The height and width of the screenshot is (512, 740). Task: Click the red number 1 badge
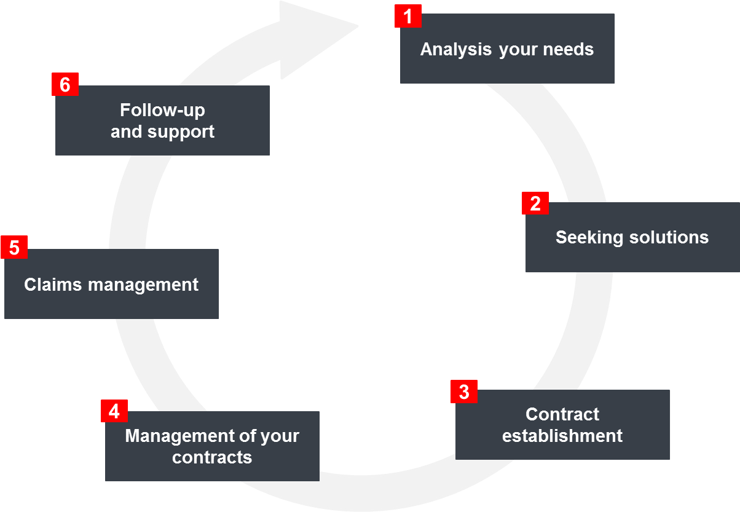pos(408,15)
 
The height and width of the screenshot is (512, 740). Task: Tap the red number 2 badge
pos(535,203)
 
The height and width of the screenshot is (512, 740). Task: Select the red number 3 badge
pos(464,392)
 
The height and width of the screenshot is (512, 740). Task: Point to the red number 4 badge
pos(114,411)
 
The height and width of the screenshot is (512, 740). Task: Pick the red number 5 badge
pos(14,248)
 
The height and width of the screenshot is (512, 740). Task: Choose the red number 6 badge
pos(65,84)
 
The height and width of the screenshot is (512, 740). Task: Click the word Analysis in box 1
pos(455,49)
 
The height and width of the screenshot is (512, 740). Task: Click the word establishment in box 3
pos(562,436)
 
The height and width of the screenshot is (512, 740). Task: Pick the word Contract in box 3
pos(562,414)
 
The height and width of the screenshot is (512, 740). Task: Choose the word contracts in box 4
pos(212,457)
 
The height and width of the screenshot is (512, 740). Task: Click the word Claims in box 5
pos(53,285)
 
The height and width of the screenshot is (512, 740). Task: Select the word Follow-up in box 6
pos(162,110)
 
